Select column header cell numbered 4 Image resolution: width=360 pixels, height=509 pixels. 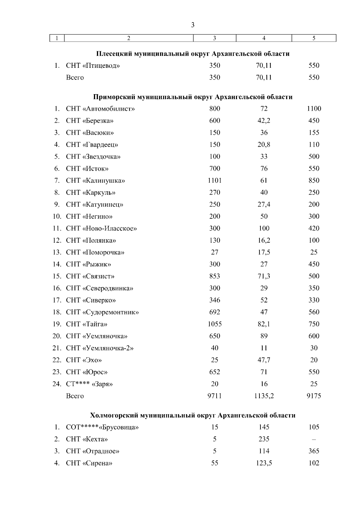point(264,38)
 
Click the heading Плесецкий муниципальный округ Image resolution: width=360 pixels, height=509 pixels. point(193,54)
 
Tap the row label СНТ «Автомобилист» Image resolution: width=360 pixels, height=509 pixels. point(100,109)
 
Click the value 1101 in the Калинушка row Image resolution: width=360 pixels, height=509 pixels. point(214,181)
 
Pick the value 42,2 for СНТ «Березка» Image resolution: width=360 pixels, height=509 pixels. point(264,121)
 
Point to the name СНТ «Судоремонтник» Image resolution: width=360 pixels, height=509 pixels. point(102,312)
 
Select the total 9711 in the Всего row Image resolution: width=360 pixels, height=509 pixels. point(214,396)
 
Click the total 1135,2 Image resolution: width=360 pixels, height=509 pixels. point(264,396)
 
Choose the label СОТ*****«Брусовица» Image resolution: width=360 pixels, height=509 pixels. point(102,427)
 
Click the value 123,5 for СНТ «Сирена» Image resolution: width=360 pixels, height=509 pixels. point(264,463)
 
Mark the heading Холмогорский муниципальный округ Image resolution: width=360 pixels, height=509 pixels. point(193,415)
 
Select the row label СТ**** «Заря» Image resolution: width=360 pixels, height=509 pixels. point(89,384)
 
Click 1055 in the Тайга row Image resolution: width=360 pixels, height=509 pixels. point(214,324)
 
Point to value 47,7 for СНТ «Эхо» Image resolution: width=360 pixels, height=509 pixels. point(264,360)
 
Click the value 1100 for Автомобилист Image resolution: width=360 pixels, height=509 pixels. point(314,109)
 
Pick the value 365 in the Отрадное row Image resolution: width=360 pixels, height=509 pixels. point(314,451)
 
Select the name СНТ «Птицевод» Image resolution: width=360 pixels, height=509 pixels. point(93,66)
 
